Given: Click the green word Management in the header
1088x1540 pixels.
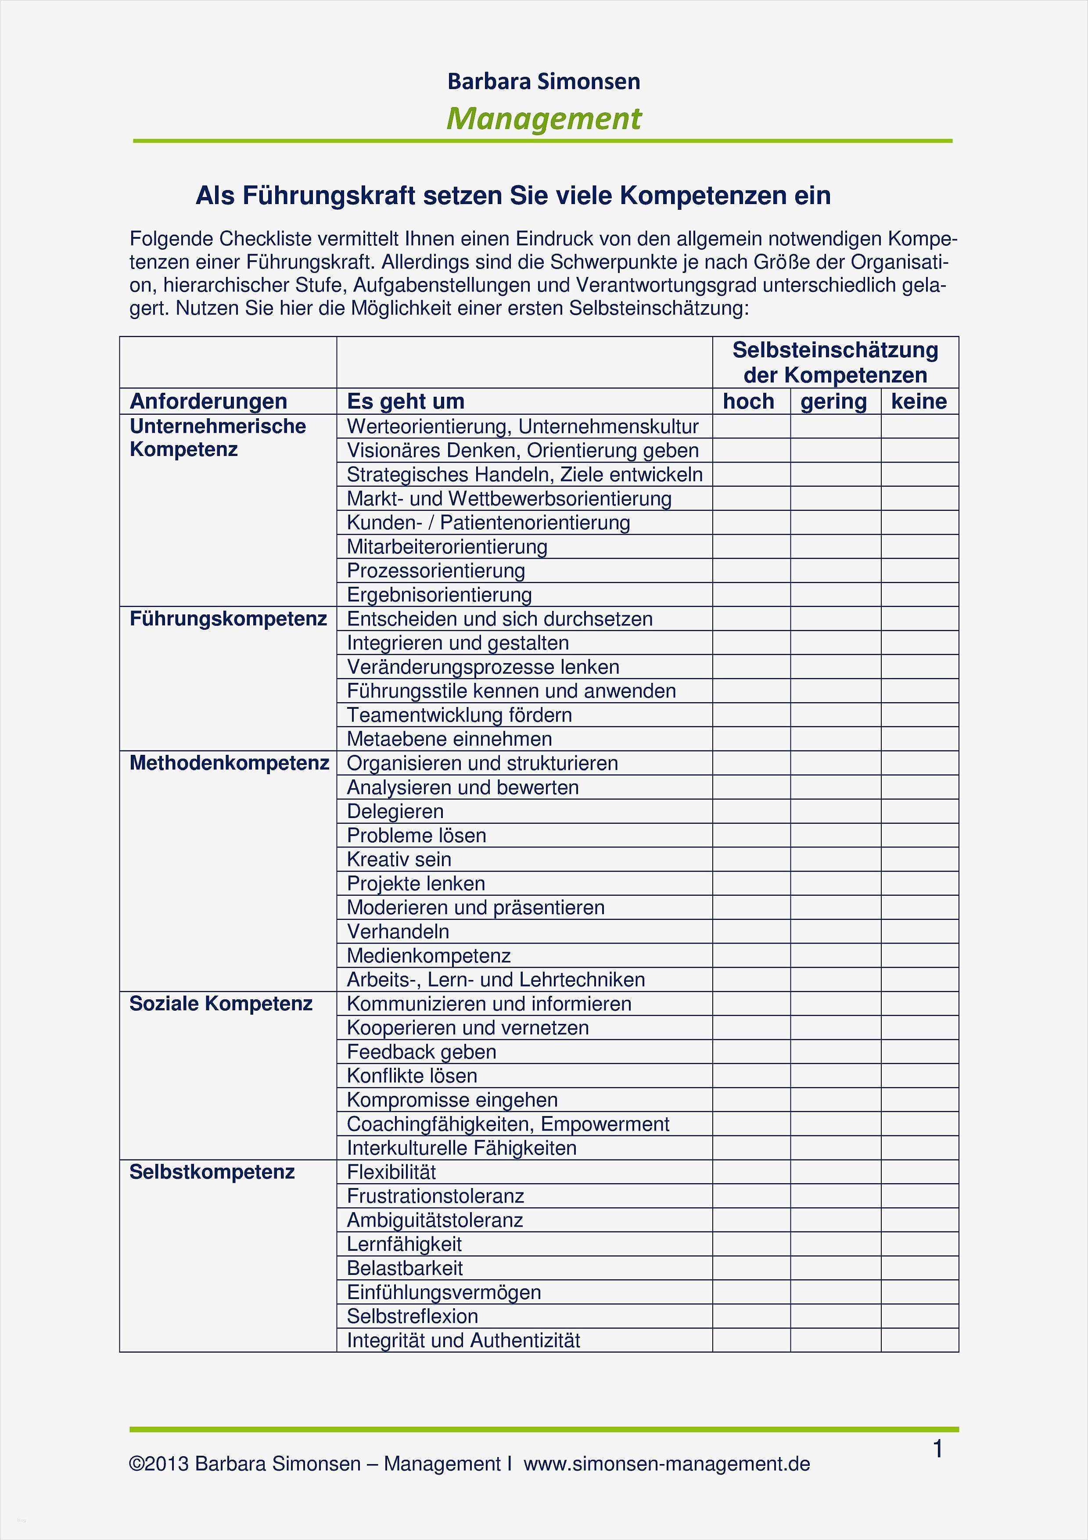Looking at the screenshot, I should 544,119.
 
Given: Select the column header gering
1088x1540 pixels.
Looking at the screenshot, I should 834,401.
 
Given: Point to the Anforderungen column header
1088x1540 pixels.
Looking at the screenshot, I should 208,401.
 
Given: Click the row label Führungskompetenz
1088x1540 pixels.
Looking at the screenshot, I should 228,618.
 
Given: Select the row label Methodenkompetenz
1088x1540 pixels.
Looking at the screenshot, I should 229,763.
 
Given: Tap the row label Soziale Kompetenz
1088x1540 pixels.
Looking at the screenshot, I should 221,1003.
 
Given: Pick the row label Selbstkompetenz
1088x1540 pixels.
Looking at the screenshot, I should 212,1172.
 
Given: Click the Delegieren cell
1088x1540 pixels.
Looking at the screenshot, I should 395,811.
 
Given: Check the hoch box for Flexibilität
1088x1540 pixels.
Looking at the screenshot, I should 751,1172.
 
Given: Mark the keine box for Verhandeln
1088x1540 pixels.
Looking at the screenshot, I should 919,931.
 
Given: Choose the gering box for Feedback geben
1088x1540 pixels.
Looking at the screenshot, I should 835,1052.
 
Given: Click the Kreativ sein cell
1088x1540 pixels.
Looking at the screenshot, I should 399,859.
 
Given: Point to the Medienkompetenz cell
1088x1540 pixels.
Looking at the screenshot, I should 429,955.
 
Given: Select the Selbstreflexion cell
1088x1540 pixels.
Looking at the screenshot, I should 412,1316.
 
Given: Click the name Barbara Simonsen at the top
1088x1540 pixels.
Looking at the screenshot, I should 543,81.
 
